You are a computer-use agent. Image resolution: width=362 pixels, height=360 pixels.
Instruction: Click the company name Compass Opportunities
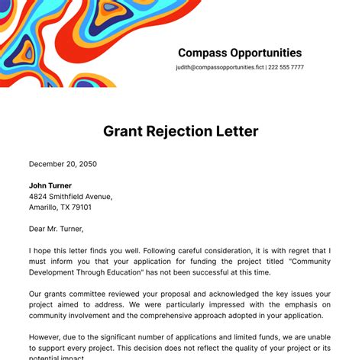tap(240, 53)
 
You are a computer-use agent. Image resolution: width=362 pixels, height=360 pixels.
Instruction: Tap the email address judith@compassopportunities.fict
tap(219, 68)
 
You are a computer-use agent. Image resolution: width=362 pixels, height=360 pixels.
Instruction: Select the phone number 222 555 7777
tap(286, 68)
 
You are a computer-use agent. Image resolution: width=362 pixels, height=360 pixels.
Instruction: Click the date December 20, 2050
tap(63, 164)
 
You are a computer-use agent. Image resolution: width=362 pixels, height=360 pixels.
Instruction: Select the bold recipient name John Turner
tap(50, 185)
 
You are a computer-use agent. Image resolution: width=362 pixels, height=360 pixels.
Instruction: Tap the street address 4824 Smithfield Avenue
tap(70, 196)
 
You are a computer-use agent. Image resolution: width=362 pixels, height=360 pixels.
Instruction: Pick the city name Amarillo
tap(45, 207)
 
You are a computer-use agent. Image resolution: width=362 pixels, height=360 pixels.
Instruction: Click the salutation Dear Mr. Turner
tap(57, 228)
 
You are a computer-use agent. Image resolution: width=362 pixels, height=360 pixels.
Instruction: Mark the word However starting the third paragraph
tap(48, 336)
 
